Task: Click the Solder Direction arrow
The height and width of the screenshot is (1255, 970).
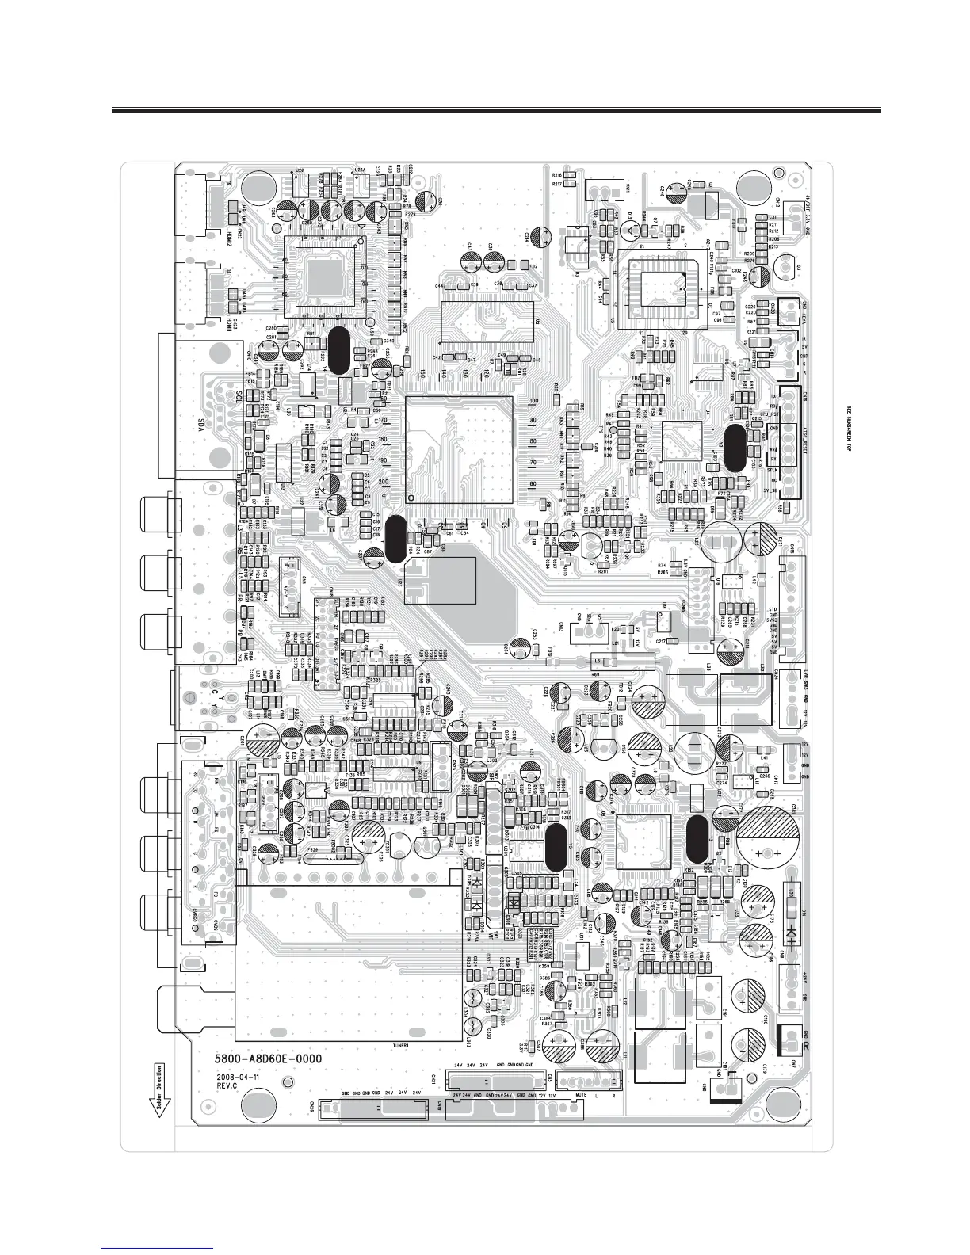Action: [158, 1089]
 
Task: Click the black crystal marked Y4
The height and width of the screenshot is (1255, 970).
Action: [338, 349]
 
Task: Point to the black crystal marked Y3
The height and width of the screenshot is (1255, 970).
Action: [556, 846]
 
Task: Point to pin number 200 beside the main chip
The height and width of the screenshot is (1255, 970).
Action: [384, 481]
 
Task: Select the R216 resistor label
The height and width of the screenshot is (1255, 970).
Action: [557, 175]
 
